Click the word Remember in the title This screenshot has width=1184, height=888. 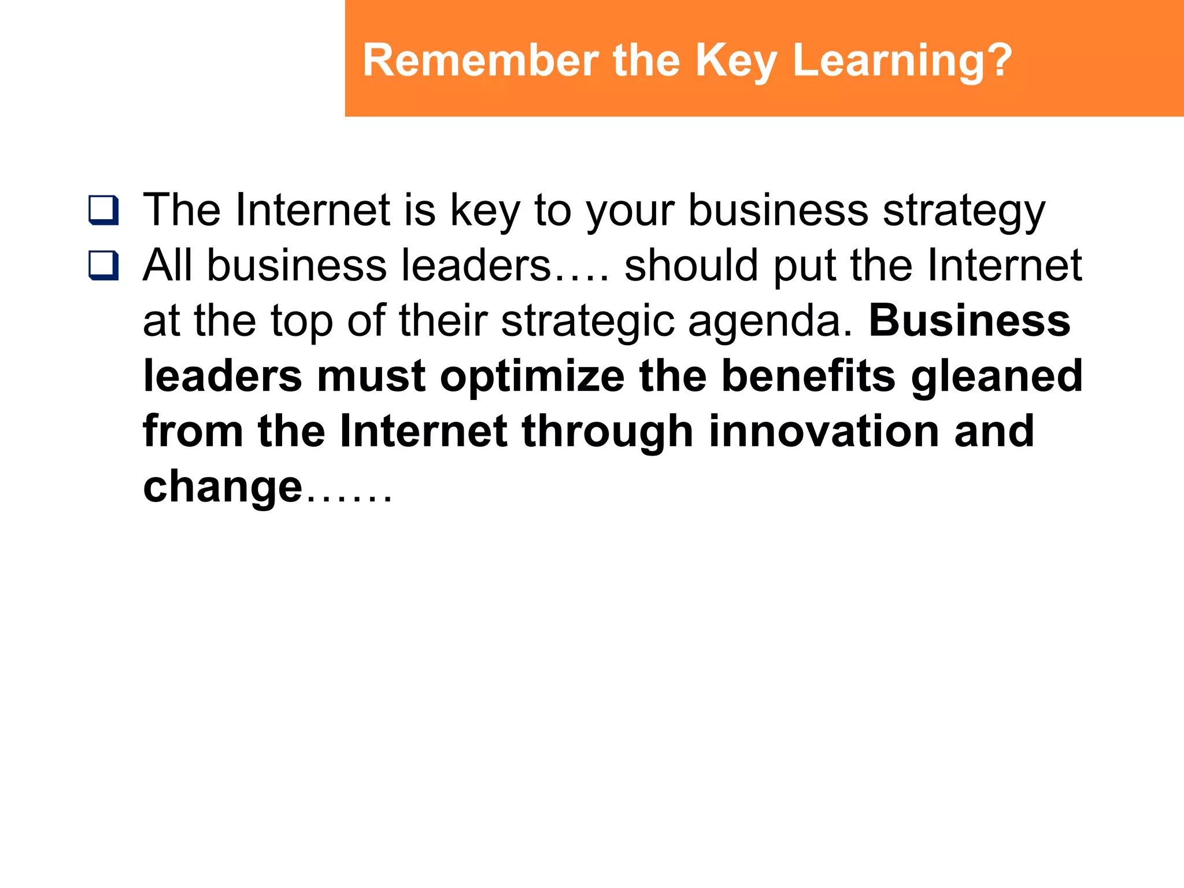(x=480, y=60)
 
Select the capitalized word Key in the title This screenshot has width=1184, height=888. (x=736, y=60)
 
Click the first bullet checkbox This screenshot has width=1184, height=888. (x=104, y=210)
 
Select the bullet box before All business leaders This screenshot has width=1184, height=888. (x=104, y=266)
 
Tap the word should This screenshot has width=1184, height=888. (x=691, y=266)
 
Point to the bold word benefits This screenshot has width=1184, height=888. (x=809, y=376)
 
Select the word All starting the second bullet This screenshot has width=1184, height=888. (x=167, y=266)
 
